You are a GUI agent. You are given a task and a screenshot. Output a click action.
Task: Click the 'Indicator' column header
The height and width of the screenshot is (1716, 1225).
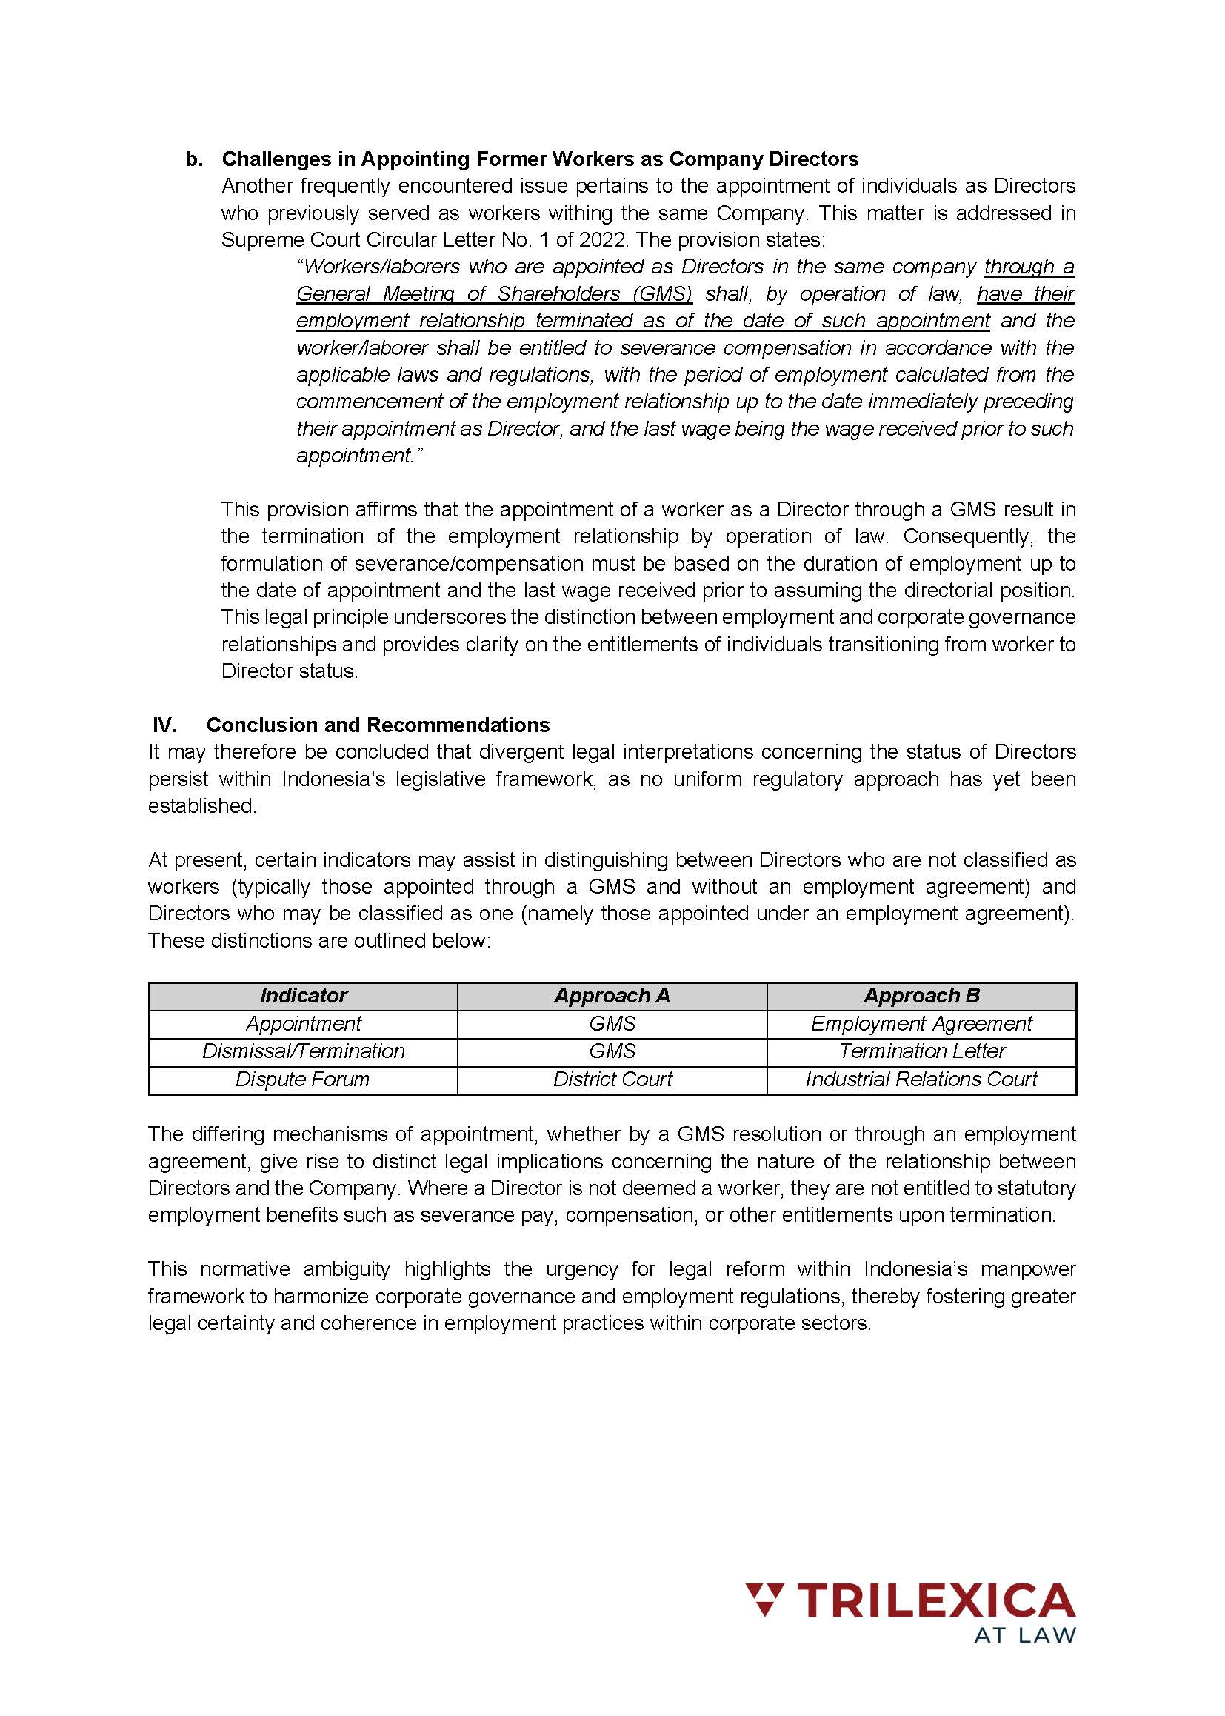[x=303, y=995]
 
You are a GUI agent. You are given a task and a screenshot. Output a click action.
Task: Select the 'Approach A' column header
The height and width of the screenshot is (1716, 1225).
[x=612, y=995]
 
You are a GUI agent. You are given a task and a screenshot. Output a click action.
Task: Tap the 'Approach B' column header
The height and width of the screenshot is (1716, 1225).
[x=921, y=995]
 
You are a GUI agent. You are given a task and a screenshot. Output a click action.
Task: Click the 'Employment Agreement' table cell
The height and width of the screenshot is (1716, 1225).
[x=921, y=1023]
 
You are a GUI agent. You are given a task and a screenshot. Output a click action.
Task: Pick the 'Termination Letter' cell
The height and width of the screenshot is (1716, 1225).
[x=921, y=1051]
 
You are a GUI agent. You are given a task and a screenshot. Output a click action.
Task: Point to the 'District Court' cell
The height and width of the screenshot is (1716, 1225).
[x=612, y=1079]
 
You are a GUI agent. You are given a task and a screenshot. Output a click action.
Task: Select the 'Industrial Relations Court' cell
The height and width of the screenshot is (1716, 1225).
[x=921, y=1079]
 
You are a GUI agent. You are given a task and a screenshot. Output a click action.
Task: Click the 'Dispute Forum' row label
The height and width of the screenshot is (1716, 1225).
[x=302, y=1079]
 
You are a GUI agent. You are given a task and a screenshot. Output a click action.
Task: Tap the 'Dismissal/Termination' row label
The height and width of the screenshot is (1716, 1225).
[x=303, y=1051]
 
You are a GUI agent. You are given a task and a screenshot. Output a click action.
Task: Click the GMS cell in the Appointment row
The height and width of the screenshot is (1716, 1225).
[x=612, y=1023]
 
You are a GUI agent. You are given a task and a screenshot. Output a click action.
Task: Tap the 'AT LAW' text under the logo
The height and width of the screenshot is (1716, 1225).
[x=1024, y=1634]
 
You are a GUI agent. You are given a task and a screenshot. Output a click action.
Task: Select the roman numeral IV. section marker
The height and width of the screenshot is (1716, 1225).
[x=164, y=725]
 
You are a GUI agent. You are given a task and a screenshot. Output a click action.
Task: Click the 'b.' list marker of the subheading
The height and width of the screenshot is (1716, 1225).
[x=194, y=159]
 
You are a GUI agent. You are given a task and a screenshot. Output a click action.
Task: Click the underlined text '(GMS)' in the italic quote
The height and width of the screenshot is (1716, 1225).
[x=661, y=293]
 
